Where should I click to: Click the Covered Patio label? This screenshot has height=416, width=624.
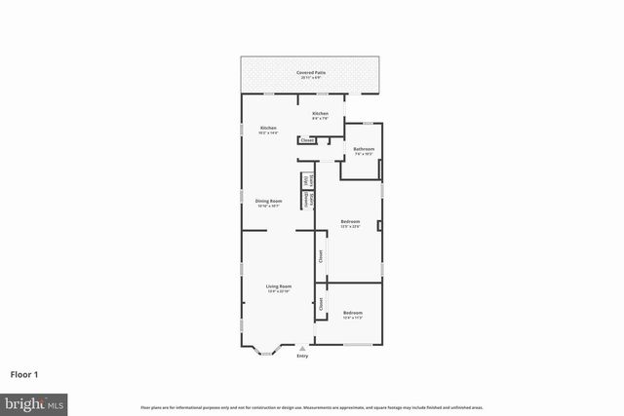(x=312, y=74)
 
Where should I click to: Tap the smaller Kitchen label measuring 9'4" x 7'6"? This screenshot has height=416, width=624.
(x=321, y=116)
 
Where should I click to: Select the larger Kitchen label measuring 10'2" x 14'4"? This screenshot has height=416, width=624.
(x=268, y=130)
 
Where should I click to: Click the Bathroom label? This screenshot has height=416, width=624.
(x=364, y=151)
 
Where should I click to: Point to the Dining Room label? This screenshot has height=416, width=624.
(x=268, y=203)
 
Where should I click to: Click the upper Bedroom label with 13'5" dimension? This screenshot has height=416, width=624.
(x=350, y=223)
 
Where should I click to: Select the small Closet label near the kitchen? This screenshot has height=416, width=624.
(x=307, y=140)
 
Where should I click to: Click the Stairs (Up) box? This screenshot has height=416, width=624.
(x=306, y=180)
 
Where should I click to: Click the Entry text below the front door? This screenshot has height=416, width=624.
(x=302, y=356)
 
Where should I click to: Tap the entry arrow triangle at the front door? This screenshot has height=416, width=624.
(x=302, y=348)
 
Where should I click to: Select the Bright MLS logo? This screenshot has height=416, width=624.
(x=34, y=402)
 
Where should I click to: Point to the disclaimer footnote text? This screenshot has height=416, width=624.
(x=311, y=406)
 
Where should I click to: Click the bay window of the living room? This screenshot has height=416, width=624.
(x=265, y=349)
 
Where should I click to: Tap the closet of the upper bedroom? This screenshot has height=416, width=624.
(x=320, y=257)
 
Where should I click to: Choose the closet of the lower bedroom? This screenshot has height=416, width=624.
(x=321, y=303)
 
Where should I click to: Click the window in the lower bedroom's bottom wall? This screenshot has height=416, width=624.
(x=358, y=344)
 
